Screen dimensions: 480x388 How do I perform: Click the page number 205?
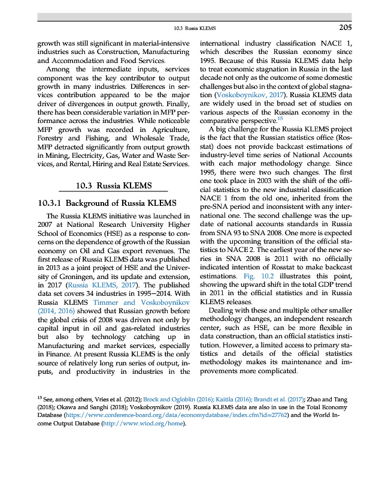(x=344, y=27)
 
